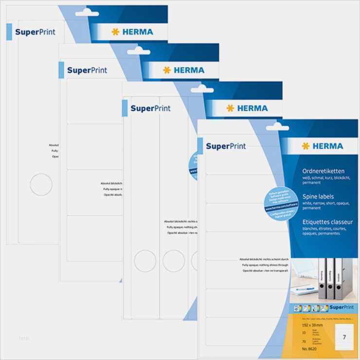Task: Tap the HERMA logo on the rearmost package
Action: click(132, 32)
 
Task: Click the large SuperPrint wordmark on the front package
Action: click(226, 146)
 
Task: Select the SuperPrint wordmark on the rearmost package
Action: click(35, 32)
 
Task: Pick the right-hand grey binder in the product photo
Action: click(342, 278)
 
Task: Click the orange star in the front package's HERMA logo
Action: click(306, 146)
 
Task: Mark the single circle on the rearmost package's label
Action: click(41, 184)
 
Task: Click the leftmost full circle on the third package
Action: click(144, 261)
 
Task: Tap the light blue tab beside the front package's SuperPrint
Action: click(199, 146)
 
